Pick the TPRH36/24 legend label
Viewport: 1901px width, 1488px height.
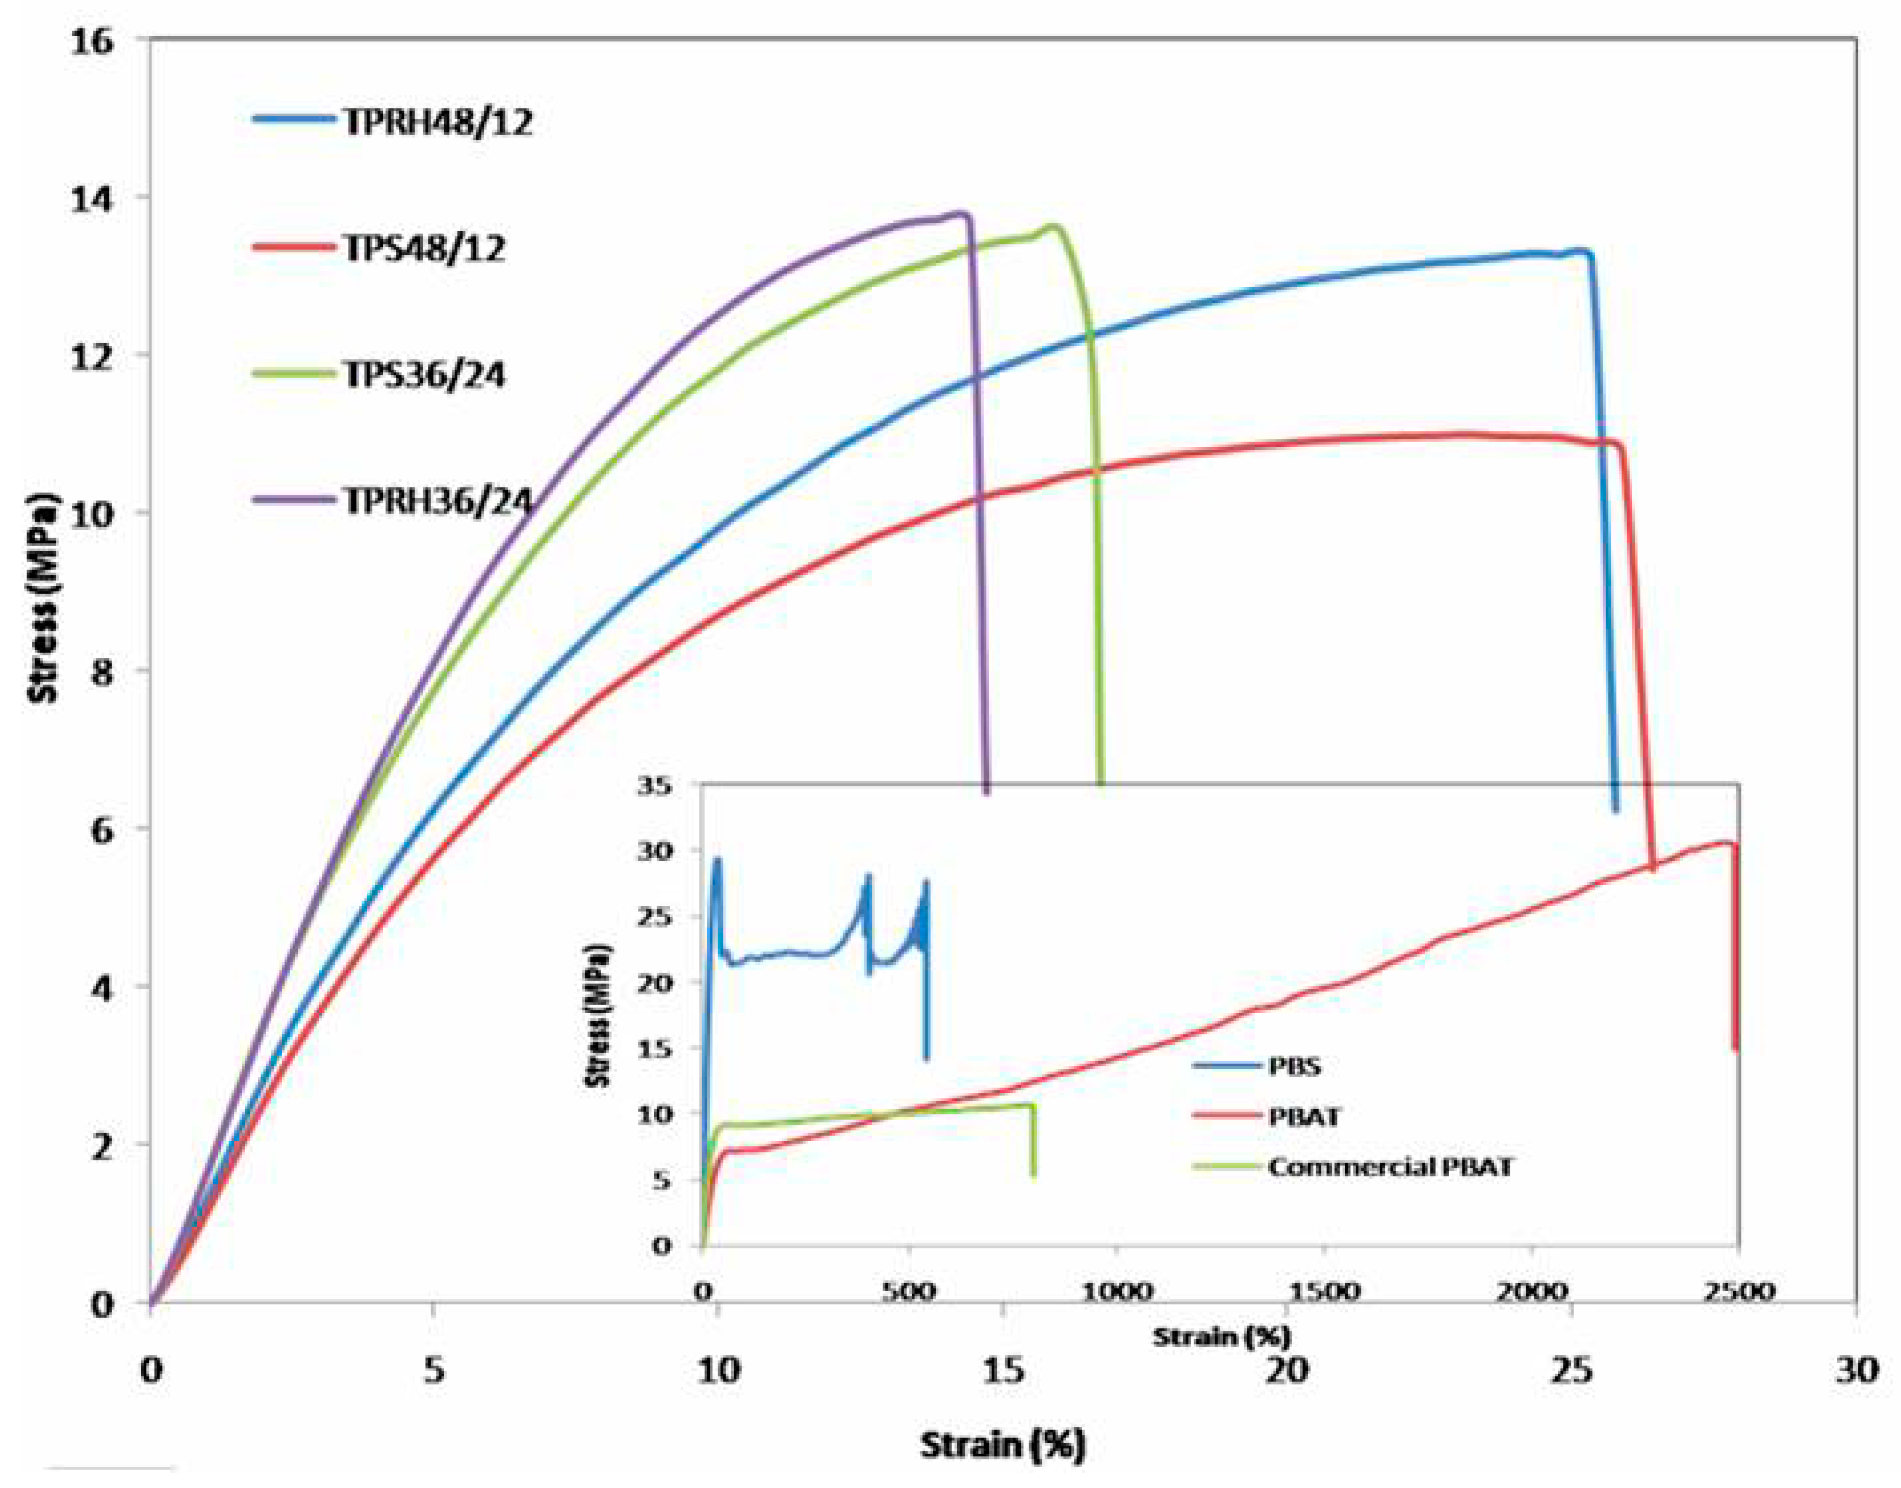[438, 502]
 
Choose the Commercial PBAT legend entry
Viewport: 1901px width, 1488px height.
[1390, 1167]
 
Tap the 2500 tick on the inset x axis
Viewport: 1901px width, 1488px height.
[1737, 1291]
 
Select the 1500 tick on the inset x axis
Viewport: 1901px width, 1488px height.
[1323, 1291]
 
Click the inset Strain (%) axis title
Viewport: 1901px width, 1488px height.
[1221, 1336]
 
